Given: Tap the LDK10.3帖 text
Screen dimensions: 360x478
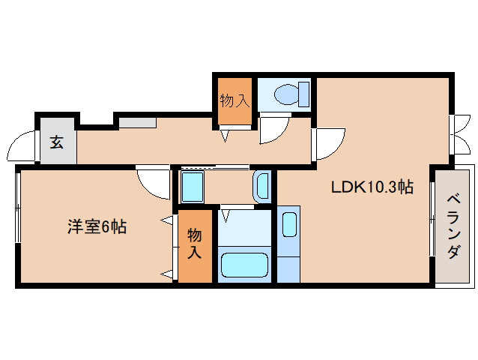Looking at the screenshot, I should click(x=372, y=187).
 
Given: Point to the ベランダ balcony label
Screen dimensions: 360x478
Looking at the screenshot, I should click(x=453, y=226).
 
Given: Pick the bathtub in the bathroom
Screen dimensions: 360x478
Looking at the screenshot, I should click(x=244, y=265).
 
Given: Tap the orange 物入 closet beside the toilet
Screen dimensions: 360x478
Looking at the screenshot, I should click(x=235, y=100).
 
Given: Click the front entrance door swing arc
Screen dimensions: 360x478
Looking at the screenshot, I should click(x=23, y=145).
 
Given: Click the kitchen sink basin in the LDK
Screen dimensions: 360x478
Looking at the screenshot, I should click(x=290, y=224).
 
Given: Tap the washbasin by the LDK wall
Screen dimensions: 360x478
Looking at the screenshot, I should click(x=261, y=184).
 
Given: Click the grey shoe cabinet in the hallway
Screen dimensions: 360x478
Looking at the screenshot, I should click(x=136, y=122).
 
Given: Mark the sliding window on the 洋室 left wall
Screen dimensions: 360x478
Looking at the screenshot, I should click(x=17, y=210).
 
